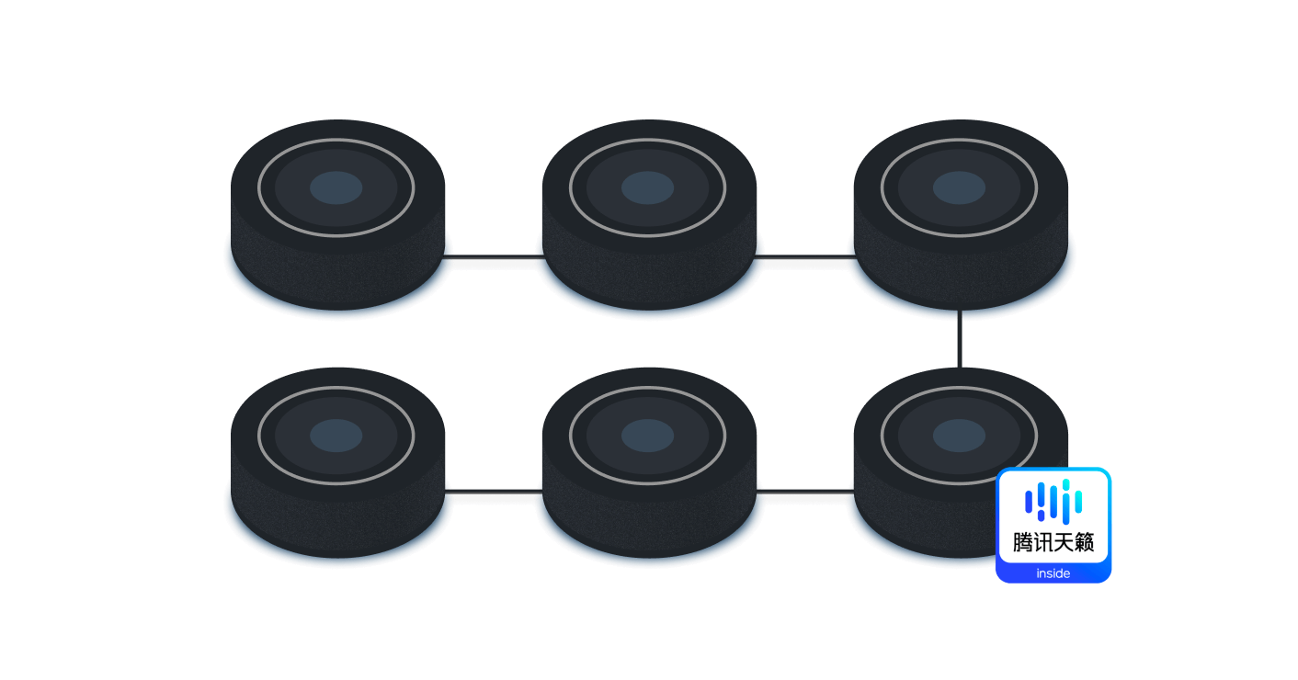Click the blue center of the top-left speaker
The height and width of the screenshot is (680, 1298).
[x=336, y=187]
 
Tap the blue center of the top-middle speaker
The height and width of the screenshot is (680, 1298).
[x=647, y=187]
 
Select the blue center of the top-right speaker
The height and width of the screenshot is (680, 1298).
[x=959, y=187]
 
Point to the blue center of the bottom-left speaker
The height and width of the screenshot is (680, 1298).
[x=336, y=436]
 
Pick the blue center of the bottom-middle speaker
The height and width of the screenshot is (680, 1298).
[x=647, y=436]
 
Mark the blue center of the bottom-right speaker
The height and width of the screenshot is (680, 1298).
[x=959, y=436]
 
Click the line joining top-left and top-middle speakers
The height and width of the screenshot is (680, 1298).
[x=494, y=256]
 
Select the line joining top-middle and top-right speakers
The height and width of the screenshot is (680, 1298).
[x=805, y=256]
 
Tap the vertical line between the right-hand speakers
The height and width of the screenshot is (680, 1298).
[x=960, y=339]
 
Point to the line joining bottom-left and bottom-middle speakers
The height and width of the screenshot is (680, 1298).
[x=494, y=492]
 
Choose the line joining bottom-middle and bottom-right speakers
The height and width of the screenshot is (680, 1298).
[x=805, y=492]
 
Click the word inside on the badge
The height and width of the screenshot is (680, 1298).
[x=1053, y=573]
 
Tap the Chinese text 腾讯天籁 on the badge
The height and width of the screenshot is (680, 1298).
[x=1053, y=543]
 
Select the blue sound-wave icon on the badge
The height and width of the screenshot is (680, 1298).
[x=1053, y=501]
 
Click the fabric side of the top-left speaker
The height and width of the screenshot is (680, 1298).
[x=337, y=278]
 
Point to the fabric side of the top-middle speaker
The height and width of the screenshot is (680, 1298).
[x=649, y=278]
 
